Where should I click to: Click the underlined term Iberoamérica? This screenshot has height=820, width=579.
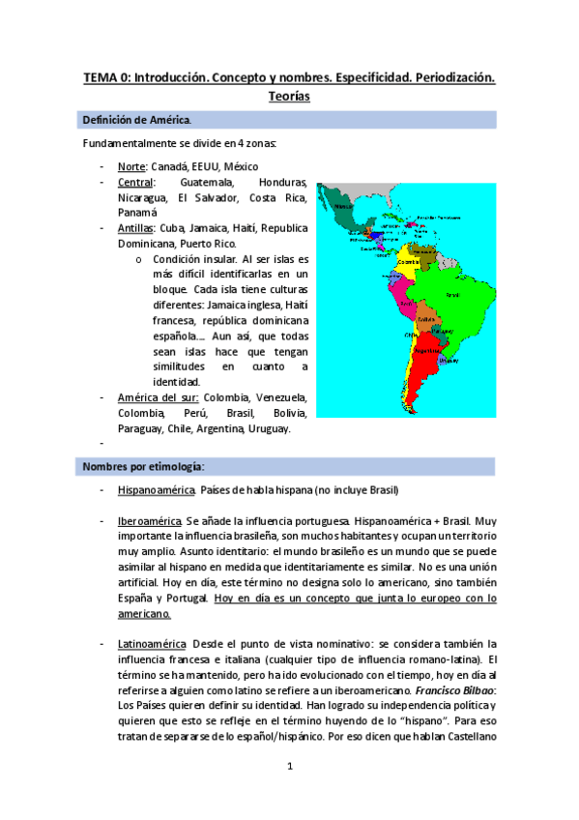click(x=146, y=521)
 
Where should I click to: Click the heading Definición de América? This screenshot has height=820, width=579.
click(x=136, y=120)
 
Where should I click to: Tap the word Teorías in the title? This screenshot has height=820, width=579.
click(x=289, y=96)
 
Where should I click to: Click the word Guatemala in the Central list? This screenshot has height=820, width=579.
click(x=207, y=182)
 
